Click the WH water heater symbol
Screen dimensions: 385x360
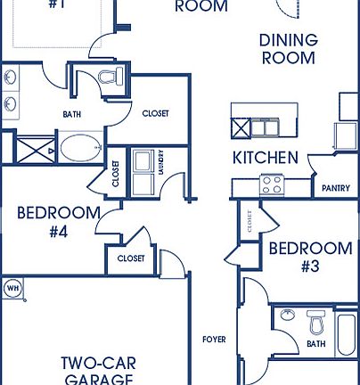(x=12, y=288)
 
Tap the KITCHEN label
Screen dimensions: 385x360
(x=265, y=158)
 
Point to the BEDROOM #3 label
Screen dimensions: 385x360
(x=310, y=257)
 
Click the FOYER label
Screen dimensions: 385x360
(x=215, y=340)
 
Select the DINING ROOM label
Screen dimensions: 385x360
(x=288, y=48)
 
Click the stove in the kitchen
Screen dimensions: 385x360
(x=272, y=185)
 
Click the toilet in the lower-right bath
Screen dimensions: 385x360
(x=316, y=321)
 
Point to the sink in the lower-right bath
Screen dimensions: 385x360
(x=287, y=316)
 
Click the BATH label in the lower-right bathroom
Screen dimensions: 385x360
(x=315, y=343)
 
